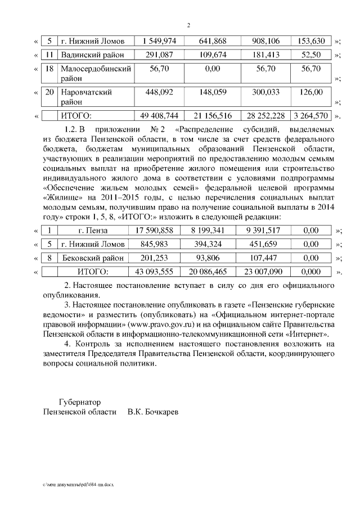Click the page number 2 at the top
pos(189,25)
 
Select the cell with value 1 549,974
pos(160,41)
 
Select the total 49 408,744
pos(160,116)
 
